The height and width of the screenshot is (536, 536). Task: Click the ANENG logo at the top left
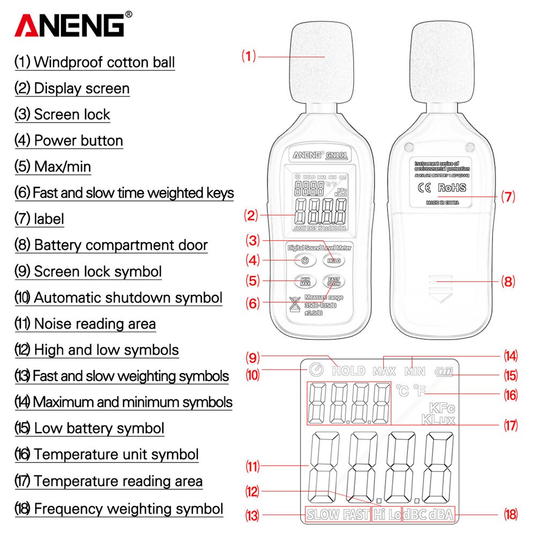click(x=70, y=25)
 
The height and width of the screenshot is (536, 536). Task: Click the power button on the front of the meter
click(x=304, y=260)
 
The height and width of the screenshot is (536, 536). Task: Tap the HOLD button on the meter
click(x=334, y=260)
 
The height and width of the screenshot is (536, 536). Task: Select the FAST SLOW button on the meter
click(x=334, y=281)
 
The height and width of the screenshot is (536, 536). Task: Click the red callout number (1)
click(x=249, y=56)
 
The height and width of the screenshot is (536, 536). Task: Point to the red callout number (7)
click(x=508, y=197)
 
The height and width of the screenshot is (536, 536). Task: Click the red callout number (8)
click(x=508, y=281)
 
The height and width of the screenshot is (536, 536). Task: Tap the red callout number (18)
click(x=510, y=515)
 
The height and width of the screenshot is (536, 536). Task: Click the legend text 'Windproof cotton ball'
click(x=104, y=62)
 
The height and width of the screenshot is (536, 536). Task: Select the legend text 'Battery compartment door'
click(x=121, y=245)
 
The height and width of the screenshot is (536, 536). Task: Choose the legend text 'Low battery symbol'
click(x=99, y=429)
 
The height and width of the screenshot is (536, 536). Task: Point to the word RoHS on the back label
click(x=452, y=188)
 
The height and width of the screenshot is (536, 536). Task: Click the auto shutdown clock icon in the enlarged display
click(x=316, y=370)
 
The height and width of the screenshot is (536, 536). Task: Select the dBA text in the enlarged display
click(x=441, y=515)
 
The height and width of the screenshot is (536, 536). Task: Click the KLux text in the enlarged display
click(x=438, y=419)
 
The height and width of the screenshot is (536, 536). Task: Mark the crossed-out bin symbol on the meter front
click(x=293, y=304)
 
